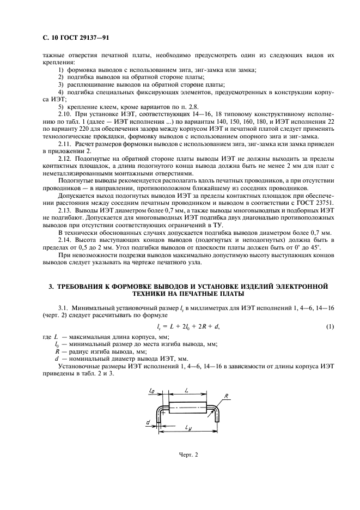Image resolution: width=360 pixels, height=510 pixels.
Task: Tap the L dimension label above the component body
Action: [x=187, y=391]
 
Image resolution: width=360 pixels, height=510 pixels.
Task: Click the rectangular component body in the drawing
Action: [x=188, y=407]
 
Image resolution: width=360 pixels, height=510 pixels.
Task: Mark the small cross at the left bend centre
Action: [x=163, y=412]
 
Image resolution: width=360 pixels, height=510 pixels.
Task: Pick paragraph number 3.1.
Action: [x=64, y=308]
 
